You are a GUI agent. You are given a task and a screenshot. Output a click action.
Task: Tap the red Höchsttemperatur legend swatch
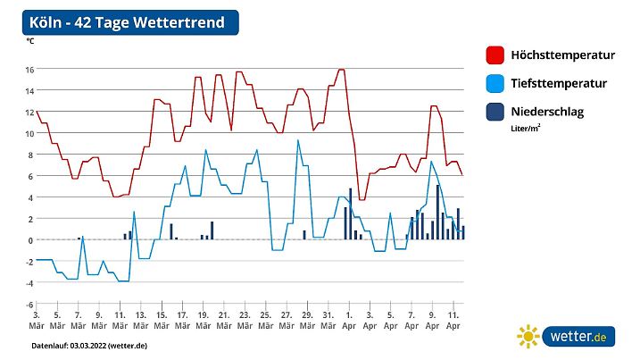pyautogui.click(x=495, y=55)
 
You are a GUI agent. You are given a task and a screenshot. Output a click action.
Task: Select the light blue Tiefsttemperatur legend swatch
pyautogui.click(x=495, y=84)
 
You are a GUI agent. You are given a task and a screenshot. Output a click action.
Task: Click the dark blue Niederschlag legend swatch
pyautogui.click(x=495, y=113)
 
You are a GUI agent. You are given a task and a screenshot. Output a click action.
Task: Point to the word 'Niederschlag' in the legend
pyautogui.click(x=549, y=113)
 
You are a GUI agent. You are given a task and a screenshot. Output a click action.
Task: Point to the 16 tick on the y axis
pyautogui.click(x=29, y=69)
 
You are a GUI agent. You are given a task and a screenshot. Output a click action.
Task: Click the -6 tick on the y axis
pyautogui.click(x=29, y=305)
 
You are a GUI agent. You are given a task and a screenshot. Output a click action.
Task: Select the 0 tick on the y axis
pyautogui.click(x=30, y=240)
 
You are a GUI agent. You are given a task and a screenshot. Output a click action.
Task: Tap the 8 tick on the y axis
pyautogui.click(x=30, y=155)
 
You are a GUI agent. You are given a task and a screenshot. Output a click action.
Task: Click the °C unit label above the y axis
pyautogui.click(x=30, y=40)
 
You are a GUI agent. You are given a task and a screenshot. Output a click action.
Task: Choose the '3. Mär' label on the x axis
pyautogui.click(x=37, y=320)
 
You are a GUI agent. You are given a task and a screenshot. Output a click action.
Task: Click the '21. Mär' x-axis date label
pyautogui.click(x=222, y=320)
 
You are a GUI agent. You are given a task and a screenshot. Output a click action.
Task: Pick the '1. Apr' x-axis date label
pyautogui.click(x=347, y=320)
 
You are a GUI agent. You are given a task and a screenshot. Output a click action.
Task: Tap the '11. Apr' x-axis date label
pyautogui.click(x=453, y=320)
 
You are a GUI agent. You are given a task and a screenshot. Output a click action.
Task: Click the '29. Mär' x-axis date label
pyautogui.click(x=306, y=320)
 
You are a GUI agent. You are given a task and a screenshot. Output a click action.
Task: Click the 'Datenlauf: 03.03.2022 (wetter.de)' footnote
pyautogui.click(x=89, y=345)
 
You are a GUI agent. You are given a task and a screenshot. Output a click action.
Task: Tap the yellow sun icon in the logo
pyautogui.click(x=528, y=337)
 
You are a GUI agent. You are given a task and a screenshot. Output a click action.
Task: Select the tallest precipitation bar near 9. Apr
pyautogui.click(x=437, y=213)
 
